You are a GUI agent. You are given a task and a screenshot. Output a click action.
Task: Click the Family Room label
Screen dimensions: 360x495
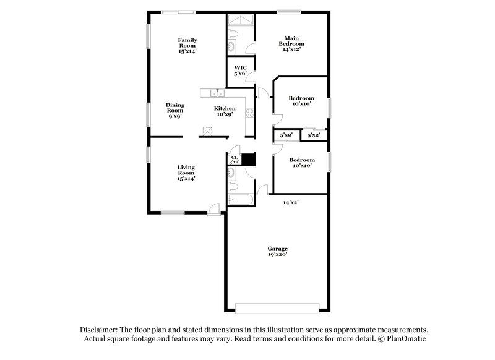[x=187, y=45]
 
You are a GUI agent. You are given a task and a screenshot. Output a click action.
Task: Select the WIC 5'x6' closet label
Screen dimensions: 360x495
[x=240, y=71]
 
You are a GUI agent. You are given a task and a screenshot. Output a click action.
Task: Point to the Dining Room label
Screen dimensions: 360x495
[x=175, y=110]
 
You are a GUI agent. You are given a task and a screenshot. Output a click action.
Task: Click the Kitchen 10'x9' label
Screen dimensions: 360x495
[x=225, y=111]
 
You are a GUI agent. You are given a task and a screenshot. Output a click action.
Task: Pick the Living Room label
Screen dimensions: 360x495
[x=187, y=172]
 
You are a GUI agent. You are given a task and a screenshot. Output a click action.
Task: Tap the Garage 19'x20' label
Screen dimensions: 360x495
[x=277, y=251]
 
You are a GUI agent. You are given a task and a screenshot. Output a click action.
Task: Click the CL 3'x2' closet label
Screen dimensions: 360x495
[x=235, y=160]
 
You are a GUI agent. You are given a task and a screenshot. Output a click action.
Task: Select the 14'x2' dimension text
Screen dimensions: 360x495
[x=291, y=202]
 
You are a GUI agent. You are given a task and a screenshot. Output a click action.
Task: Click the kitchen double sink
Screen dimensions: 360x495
[x=217, y=93]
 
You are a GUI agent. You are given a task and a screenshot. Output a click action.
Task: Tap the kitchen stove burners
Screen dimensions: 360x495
[x=249, y=113]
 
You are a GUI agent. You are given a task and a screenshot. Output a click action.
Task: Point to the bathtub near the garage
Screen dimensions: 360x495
[x=240, y=199]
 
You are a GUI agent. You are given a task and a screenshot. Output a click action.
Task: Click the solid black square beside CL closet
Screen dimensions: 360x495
[x=248, y=160]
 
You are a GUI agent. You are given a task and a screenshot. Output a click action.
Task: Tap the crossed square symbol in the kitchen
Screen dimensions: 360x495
[x=207, y=131]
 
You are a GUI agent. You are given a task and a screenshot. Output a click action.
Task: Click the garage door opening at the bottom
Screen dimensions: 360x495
[x=277, y=307]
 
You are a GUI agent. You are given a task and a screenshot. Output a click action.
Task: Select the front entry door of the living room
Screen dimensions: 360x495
[x=214, y=210]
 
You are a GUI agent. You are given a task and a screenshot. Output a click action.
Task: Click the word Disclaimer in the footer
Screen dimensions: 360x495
[x=101, y=330]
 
